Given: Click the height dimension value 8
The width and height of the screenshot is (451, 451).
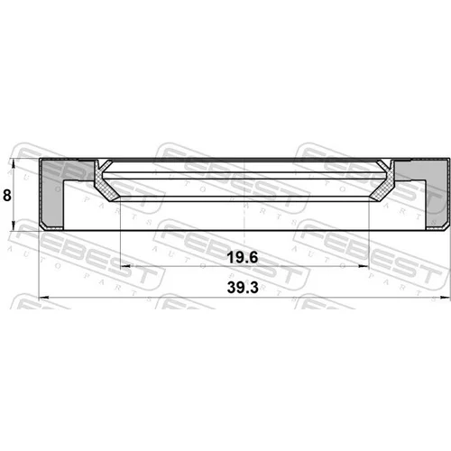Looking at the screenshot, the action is pos(6,195).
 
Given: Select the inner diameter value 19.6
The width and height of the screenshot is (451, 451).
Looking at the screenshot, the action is pos(243,258).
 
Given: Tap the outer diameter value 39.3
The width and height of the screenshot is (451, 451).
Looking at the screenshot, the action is pos(243,288).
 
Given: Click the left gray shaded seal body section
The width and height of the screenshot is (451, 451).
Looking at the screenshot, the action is pos(51,192).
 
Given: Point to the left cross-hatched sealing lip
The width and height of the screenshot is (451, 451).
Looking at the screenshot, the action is pos(106,182).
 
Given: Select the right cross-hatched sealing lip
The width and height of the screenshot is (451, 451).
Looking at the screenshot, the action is pos(382,182).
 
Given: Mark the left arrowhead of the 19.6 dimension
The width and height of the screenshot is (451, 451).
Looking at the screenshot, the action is pos(125,266).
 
